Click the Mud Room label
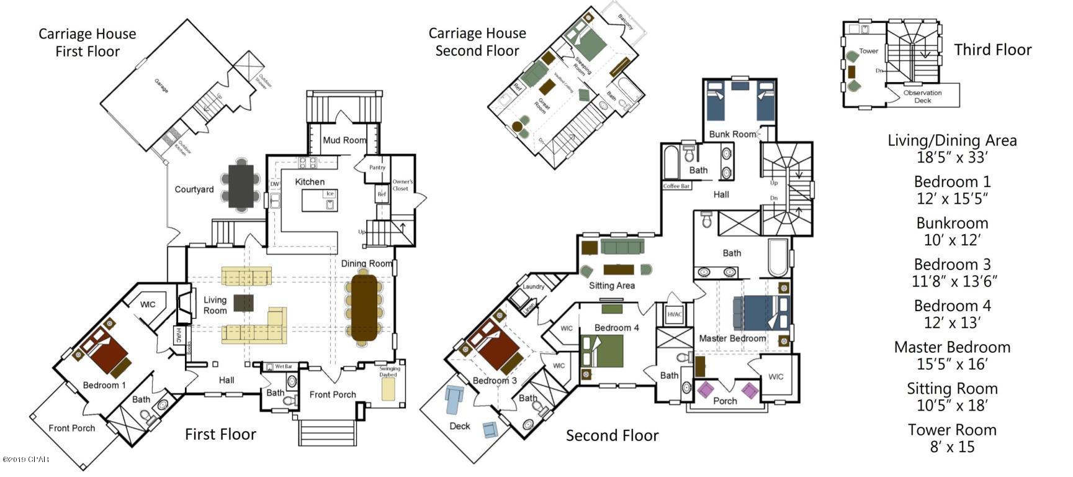344,140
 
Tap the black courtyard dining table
241,185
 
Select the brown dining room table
364,309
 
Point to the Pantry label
377,168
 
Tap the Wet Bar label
283,366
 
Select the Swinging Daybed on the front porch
388,389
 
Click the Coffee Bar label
676,186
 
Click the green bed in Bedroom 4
601,351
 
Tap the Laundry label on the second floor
533,286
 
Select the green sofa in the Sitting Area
622,248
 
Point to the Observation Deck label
922,96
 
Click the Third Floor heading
992,50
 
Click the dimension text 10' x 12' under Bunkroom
952,240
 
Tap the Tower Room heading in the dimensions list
952,430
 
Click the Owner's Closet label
402,185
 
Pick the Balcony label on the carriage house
626,24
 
